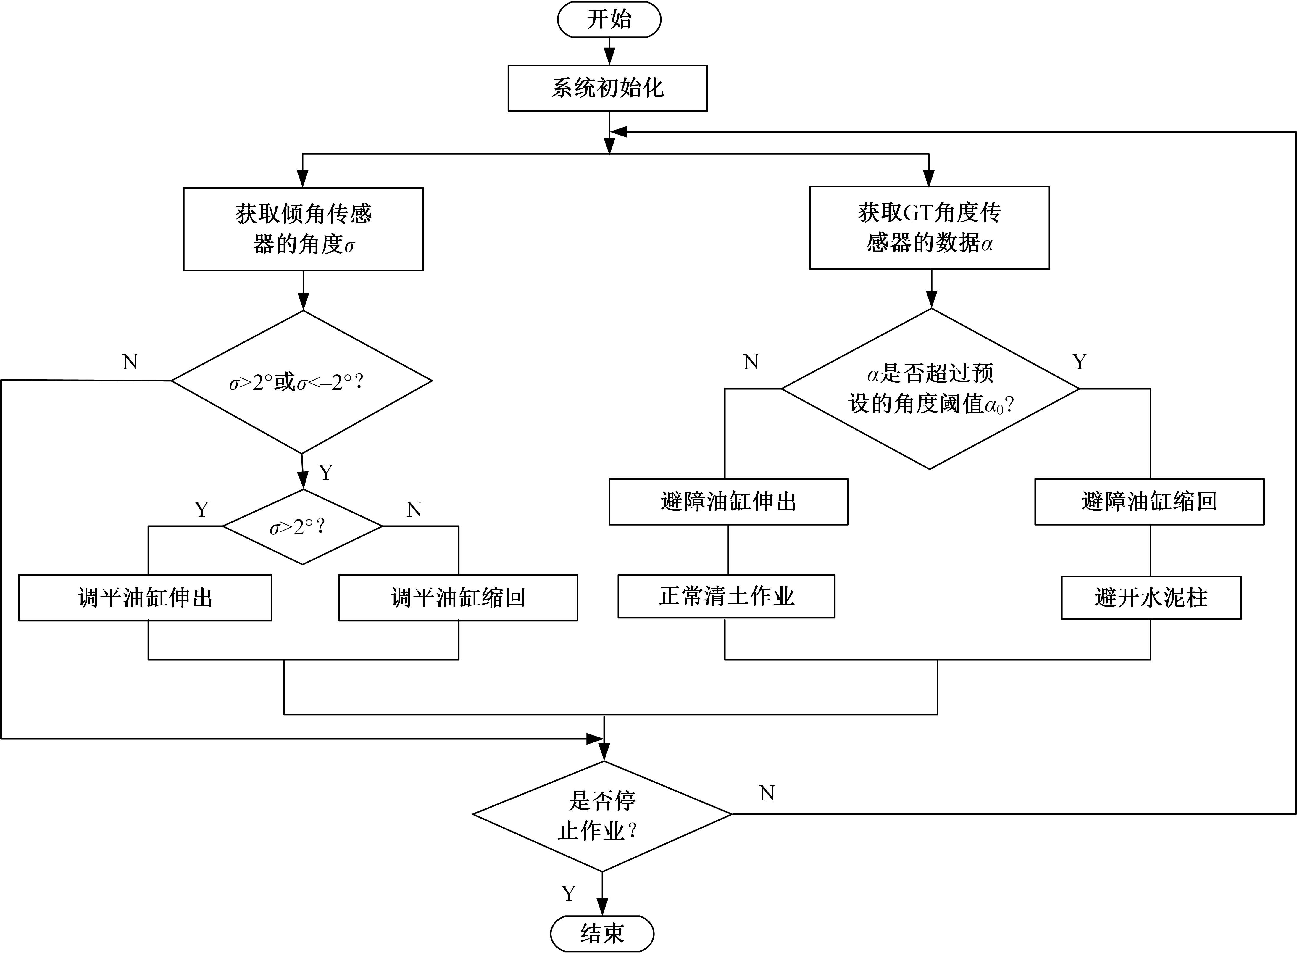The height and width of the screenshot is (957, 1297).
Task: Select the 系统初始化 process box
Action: click(607, 88)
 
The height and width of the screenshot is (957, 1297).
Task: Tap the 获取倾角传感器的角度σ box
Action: click(304, 229)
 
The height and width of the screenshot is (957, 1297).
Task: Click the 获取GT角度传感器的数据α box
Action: click(929, 228)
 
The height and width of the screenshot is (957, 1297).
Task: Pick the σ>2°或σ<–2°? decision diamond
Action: click(302, 382)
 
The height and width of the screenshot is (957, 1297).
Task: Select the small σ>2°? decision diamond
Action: click(302, 526)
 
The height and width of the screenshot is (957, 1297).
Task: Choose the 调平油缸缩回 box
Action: click(458, 598)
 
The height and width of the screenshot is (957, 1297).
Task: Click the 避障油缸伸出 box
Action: click(728, 502)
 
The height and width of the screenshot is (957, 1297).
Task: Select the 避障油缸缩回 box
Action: click(1149, 502)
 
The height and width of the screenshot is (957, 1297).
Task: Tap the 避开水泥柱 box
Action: click(1151, 598)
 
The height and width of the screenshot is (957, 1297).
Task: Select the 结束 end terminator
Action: click(602, 934)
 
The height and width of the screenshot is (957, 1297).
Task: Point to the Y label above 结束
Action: click(569, 893)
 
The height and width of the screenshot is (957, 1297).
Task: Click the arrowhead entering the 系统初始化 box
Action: click(609, 57)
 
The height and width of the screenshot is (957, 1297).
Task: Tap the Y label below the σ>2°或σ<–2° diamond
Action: click(326, 473)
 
